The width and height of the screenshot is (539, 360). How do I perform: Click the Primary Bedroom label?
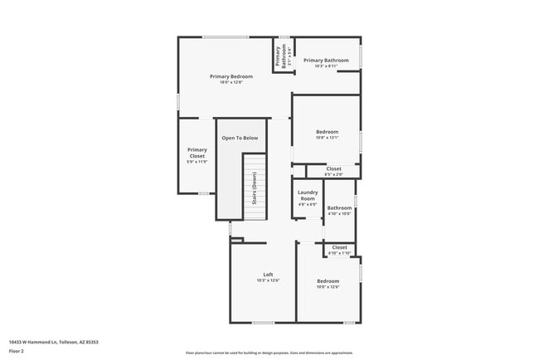(231, 76)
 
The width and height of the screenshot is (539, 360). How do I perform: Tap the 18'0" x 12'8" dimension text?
(231, 83)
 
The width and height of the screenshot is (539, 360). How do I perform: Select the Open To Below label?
(240, 138)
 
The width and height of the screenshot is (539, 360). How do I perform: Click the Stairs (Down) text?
(255, 188)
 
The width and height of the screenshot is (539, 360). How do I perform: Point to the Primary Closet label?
(197, 153)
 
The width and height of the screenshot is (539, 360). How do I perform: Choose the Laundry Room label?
(308, 196)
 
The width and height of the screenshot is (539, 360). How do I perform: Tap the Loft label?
(268, 275)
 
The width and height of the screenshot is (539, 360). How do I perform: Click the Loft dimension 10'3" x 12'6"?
(268, 281)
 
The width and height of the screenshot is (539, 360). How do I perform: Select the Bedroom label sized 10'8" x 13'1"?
(327, 132)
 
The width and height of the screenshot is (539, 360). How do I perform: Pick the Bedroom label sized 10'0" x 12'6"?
(328, 281)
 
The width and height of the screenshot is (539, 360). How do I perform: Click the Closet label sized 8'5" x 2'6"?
(333, 168)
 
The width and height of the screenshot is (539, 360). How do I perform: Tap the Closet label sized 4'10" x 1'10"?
(340, 247)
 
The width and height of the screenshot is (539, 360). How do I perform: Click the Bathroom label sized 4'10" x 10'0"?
(339, 207)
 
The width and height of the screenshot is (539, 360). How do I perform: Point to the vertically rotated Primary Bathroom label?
(279, 56)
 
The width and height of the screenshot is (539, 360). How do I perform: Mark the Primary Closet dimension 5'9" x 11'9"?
(197, 162)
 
